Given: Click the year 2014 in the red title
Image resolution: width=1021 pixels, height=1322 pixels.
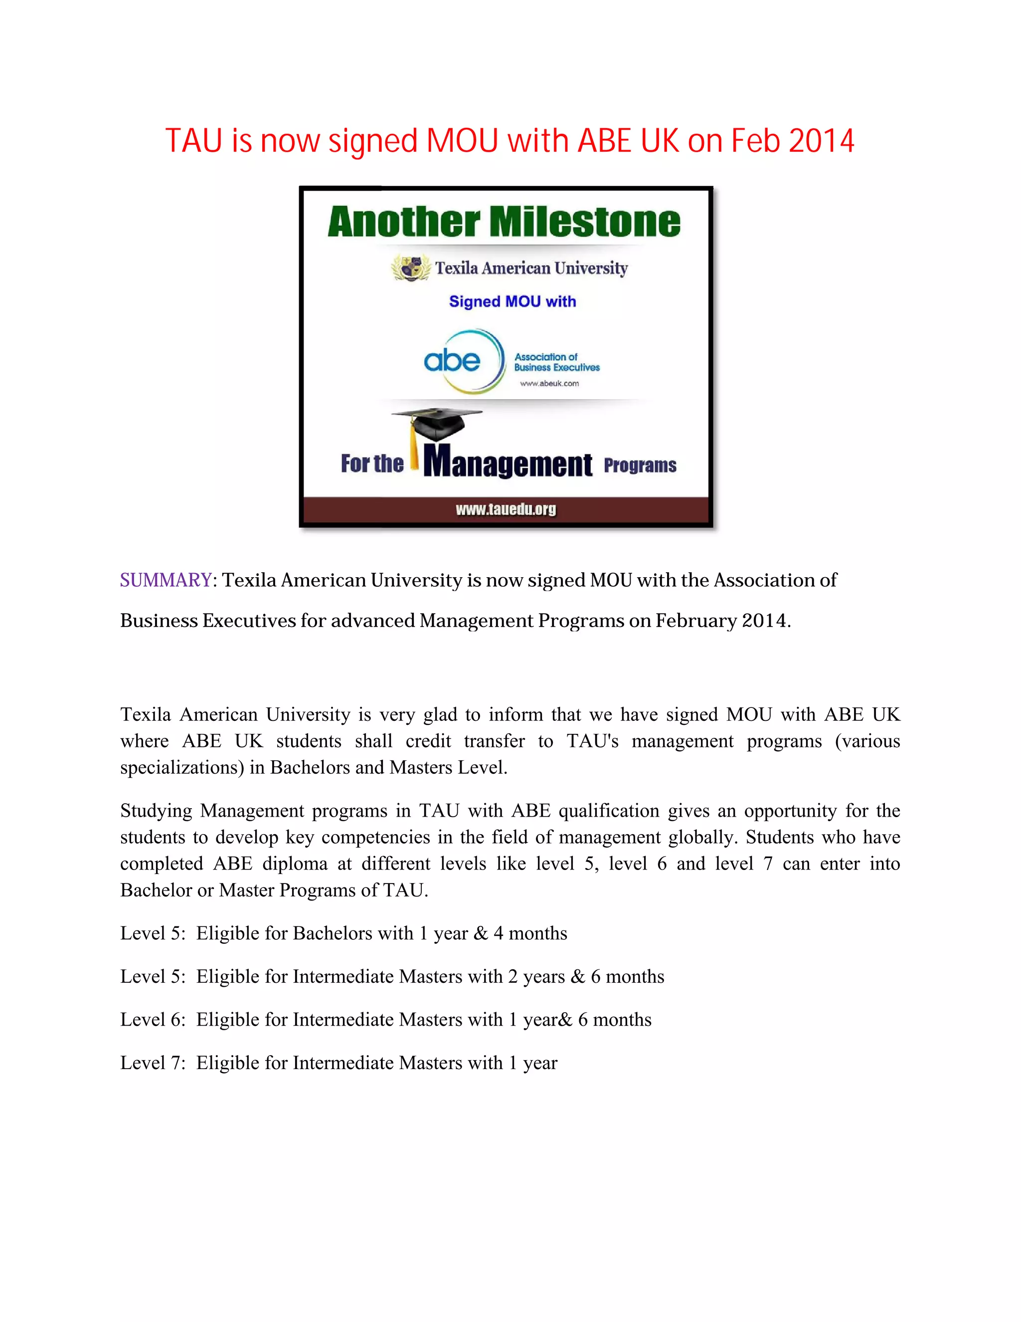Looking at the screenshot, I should (821, 141).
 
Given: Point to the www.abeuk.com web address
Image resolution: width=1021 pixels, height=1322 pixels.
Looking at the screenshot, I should (549, 383).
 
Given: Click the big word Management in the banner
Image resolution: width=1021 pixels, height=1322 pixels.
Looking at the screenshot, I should (508, 463).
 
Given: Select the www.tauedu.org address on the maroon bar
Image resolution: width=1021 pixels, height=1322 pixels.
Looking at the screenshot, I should (506, 510).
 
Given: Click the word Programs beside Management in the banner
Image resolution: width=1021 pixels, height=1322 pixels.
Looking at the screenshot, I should (640, 465).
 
